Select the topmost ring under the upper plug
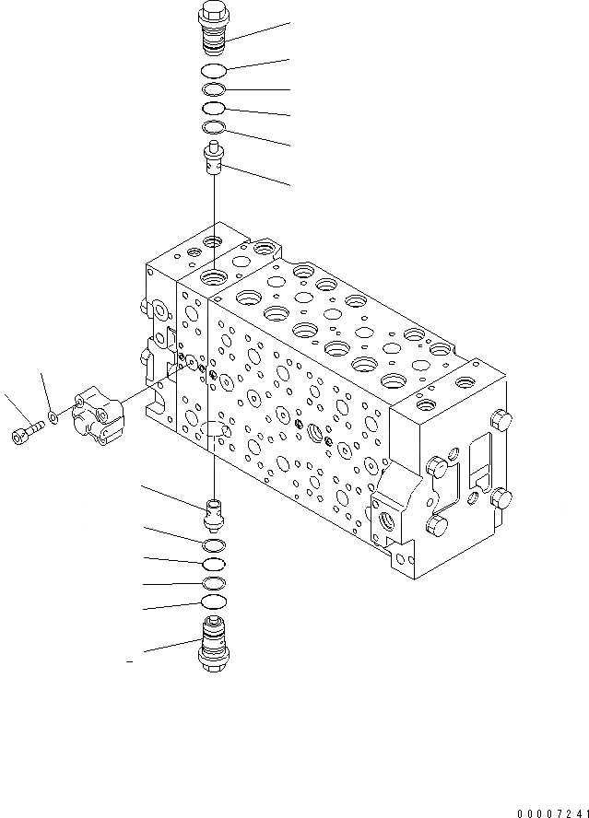(214, 71)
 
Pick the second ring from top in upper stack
(214, 89)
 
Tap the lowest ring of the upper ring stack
(214, 126)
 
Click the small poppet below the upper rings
(213, 159)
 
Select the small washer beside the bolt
(54, 417)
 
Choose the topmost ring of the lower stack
(213, 543)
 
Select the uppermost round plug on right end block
(501, 421)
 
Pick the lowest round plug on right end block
(436, 528)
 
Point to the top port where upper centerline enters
(214, 275)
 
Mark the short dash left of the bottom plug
(129, 661)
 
